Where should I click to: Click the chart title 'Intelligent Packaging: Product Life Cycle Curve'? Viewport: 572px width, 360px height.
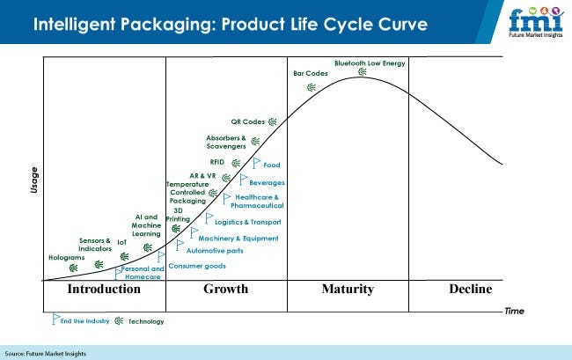coord(231,24)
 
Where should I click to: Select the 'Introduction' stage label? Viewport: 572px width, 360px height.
coord(103,290)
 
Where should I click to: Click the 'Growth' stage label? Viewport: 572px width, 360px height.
coord(225,290)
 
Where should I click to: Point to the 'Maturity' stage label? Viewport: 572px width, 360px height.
coord(348,290)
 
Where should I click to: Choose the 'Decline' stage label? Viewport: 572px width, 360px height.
coord(470,290)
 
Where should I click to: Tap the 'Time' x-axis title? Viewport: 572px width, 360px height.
coord(514,312)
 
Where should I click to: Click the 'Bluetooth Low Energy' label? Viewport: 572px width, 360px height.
coord(370,62)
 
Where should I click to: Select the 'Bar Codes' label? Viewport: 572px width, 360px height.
coord(310,73)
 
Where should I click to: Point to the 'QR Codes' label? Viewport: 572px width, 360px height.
coord(247,121)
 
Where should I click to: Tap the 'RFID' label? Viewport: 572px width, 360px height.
coord(217,163)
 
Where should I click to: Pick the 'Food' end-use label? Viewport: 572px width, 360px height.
coord(272,165)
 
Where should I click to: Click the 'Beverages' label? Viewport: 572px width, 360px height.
coord(267,182)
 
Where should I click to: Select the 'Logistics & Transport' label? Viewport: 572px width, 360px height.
coord(247,222)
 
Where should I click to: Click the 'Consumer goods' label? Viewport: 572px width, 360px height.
coord(197,266)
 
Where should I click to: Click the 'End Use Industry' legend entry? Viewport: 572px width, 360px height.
coord(84,321)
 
